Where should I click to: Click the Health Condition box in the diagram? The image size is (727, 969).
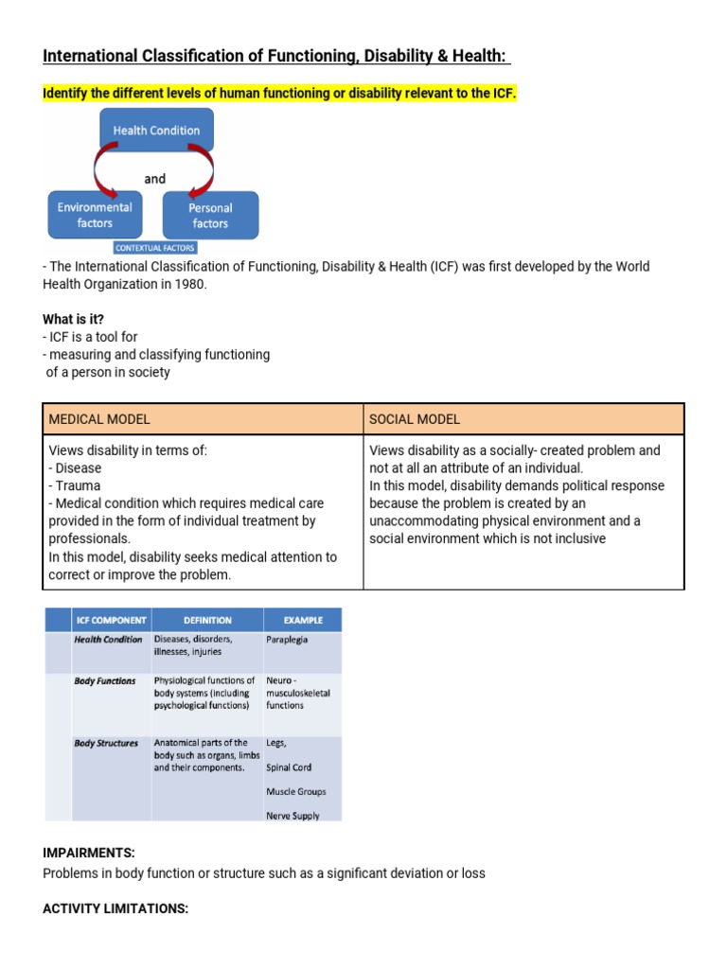click(x=156, y=131)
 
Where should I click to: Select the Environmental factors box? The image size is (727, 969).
click(x=95, y=215)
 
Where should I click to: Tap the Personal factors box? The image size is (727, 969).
click(x=210, y=215)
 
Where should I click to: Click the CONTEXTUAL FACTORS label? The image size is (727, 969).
click(x=154, y=248)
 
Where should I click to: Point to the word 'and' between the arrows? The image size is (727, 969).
click(x=155, y=178)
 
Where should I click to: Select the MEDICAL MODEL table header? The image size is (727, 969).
click(x=99, y=419)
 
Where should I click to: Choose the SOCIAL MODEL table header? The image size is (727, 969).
click(x=415, y=419)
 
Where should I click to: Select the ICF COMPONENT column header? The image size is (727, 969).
click(x=111, y=621)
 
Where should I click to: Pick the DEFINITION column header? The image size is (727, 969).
click(x=207, y=621)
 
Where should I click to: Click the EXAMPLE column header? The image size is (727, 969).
click(x=303, y=621)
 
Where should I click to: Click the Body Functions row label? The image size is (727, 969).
click(x=105, y=680)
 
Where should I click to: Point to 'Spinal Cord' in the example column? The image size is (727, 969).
click(x=289, y=767)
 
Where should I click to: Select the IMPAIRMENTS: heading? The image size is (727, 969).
click(x=89, y=853)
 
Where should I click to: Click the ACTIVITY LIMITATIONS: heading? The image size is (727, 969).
click(x=115, y=908)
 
